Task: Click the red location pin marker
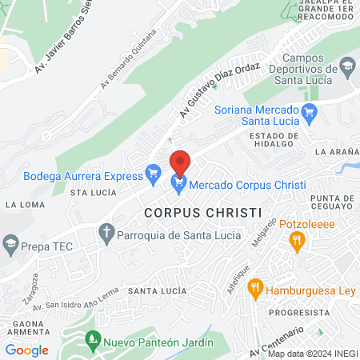pos(180,162)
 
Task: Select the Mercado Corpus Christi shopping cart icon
pos(179,185)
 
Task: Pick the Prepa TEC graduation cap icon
pos(10,242)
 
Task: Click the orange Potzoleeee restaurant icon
pos(298,239)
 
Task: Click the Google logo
pos(26,350)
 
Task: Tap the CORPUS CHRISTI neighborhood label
pos(203,213)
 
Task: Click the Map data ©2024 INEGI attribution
pos(313,354)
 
